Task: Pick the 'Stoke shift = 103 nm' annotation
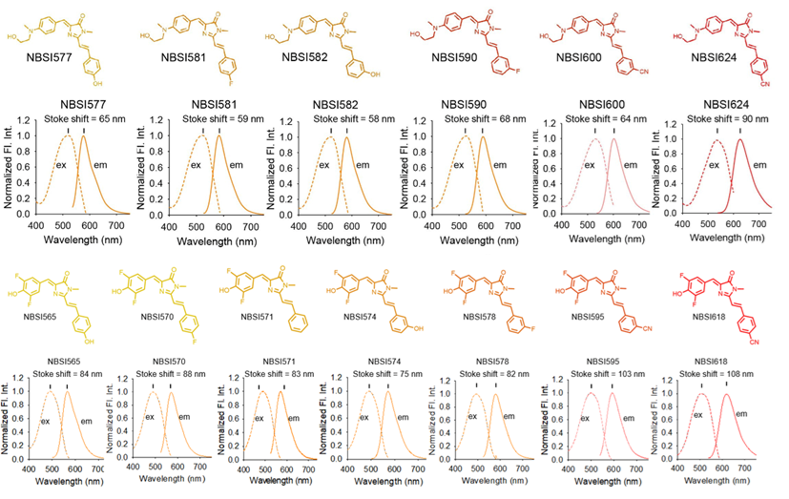[620, 374]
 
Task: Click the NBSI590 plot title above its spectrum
[473, 104]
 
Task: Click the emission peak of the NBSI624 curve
[739, 140]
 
